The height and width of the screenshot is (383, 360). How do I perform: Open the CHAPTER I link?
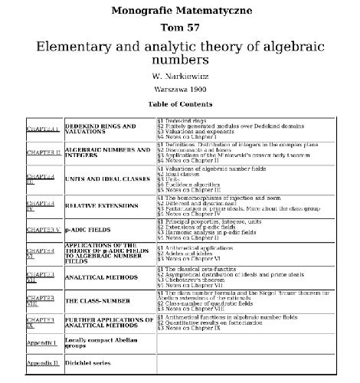pyautogui.click(x=43, y=129)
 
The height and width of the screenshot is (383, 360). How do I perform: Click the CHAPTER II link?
pyautogui.click(x=44, y=154)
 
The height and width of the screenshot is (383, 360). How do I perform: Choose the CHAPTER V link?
pyautogui.click(x=44, y=229)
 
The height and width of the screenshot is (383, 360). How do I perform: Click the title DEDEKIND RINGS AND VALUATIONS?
pyautogui.click(x=100, y=129)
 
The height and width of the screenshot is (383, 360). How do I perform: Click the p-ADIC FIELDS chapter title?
pyautogui.click(x=84, y=229)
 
